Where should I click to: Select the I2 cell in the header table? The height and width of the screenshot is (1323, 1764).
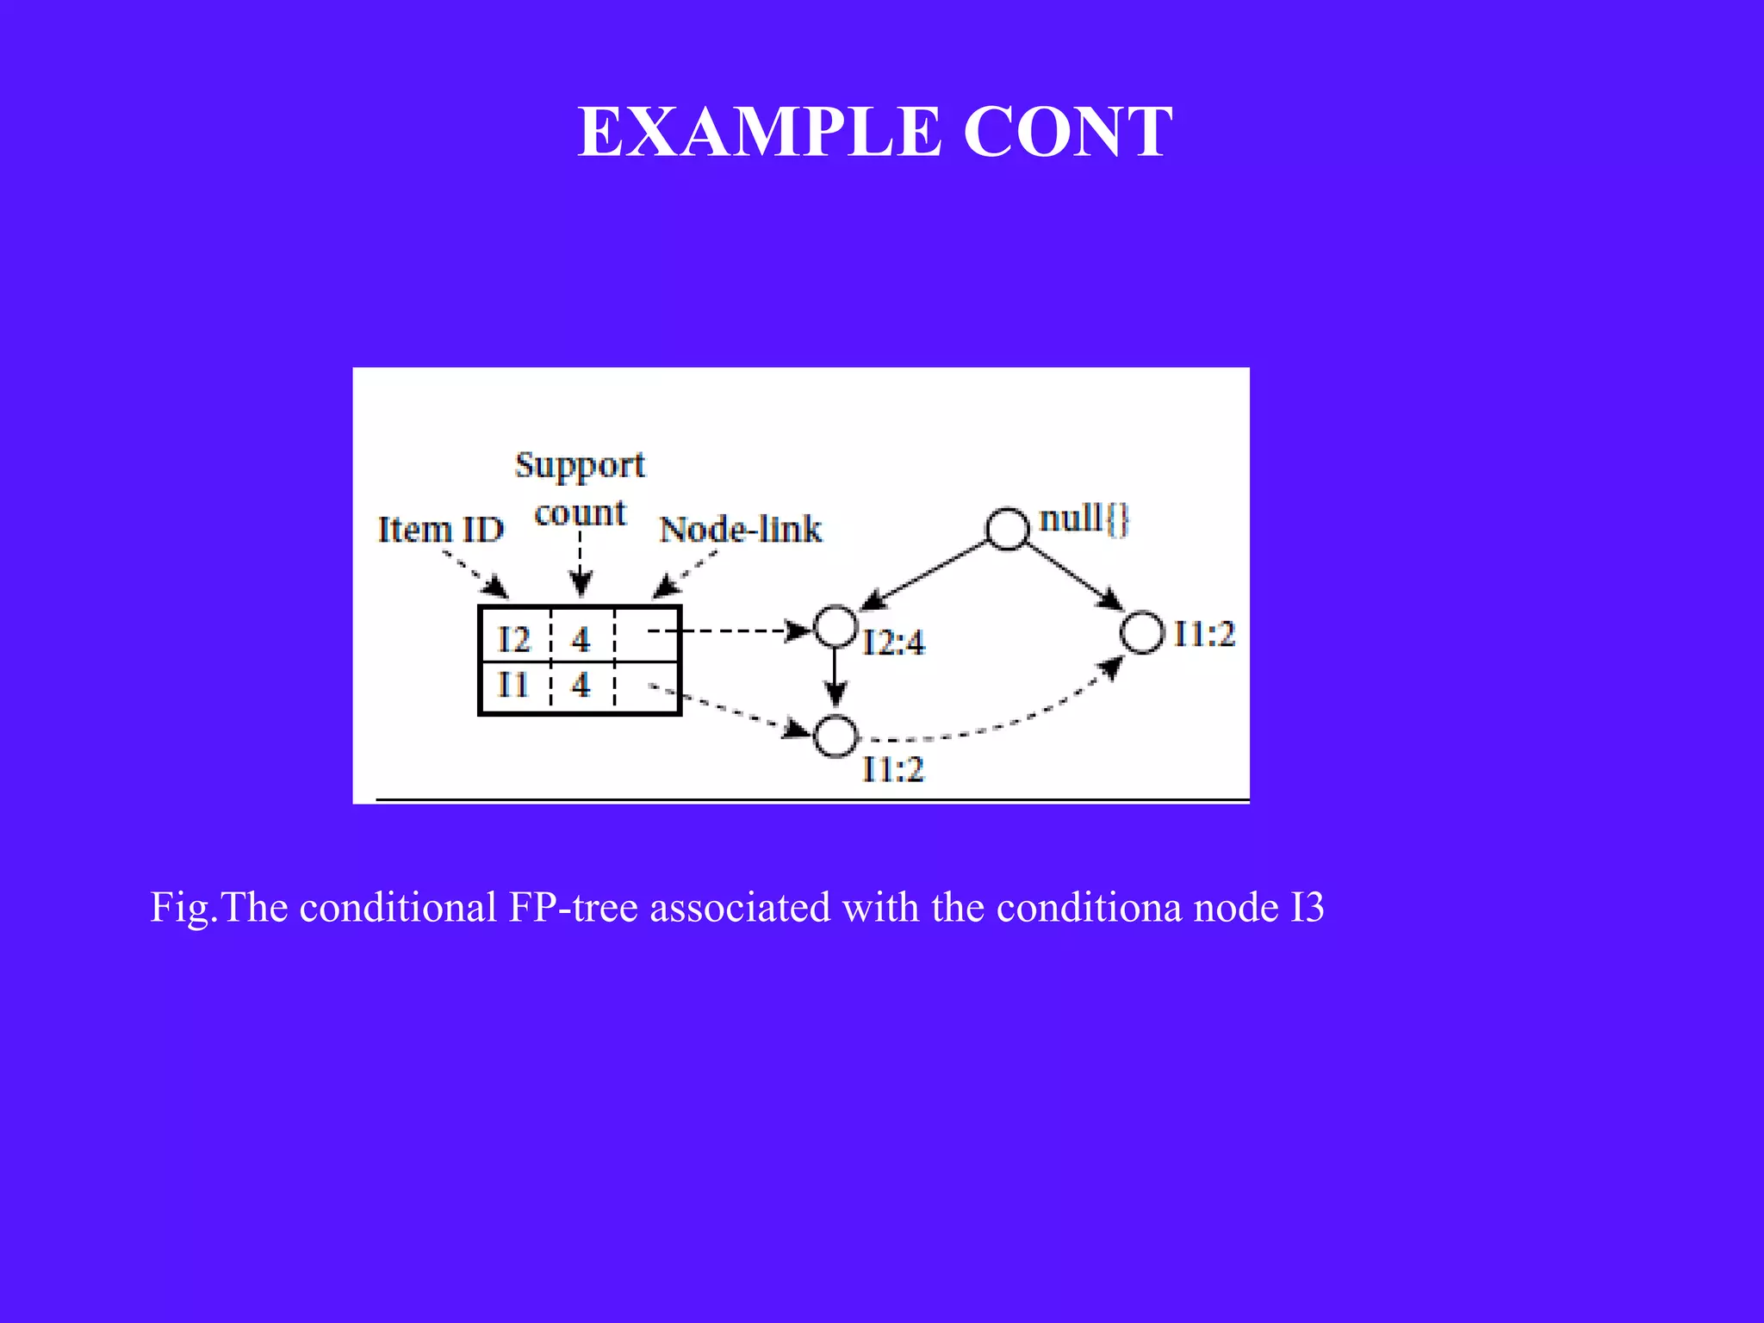pos(514,639)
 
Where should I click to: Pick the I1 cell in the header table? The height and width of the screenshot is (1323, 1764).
pos(513,685)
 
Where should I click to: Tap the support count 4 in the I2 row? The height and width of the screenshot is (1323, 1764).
pos(581,639)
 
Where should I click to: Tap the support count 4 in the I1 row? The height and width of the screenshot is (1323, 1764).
pos(581,685)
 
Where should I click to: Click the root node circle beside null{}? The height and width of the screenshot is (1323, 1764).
pos(1007,528)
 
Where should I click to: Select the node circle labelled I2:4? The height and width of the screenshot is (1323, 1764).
pos(835,626)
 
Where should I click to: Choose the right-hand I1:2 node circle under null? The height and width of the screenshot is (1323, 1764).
pos(1142,632)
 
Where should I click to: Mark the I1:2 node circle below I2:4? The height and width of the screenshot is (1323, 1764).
pos(835,736)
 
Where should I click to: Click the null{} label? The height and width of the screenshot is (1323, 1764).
pos(1084,519)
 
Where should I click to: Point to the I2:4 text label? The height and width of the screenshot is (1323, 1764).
pos(893,643)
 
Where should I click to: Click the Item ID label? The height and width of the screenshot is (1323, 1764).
pos(440,529)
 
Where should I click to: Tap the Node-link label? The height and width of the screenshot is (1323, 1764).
pos(741,529)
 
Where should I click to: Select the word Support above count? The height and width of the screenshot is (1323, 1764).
pos(580,465)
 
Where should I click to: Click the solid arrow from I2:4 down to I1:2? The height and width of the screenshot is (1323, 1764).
pos(835,677)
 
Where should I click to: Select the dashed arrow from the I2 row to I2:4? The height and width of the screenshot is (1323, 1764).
pos(728,631)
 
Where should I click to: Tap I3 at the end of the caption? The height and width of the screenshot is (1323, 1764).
pos(1307,907)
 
